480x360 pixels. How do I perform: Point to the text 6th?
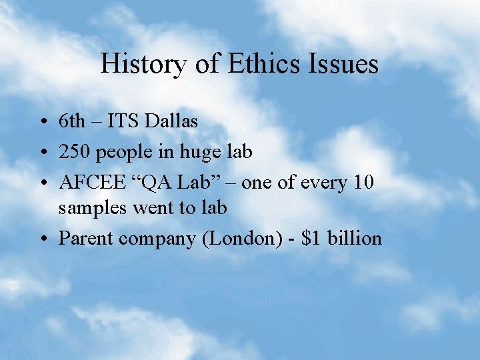click(72, 121)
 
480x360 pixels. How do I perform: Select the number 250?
click(75, 152)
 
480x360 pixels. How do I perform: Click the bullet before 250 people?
click(42, 153)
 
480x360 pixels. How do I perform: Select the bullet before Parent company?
click(42, 239)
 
